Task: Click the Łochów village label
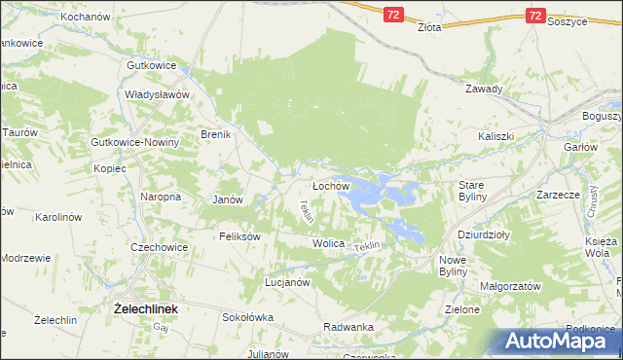coord(330,185)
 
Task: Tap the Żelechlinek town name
coord(146,308)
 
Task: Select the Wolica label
coord(329,242)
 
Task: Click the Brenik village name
coord(215,134)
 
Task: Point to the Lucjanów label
coord(287,282)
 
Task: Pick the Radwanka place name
coord(348,327)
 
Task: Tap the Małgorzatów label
coord(510,287)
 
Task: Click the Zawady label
coord(484,89)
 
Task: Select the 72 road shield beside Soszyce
coord(535,16)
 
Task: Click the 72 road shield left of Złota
coord(391,16)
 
